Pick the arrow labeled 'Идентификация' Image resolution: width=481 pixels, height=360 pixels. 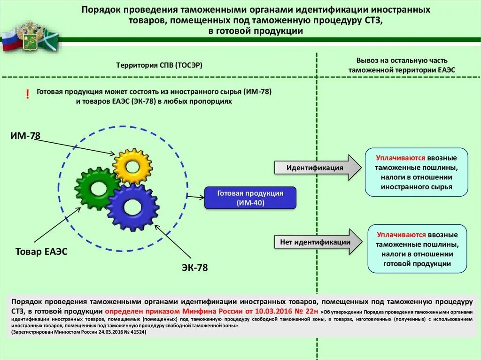(318, 168)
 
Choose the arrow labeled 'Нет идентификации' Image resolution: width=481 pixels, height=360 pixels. (318, 242)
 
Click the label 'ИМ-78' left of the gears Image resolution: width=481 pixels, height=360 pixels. (25, 136)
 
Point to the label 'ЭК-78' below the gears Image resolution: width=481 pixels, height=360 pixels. (194, 268)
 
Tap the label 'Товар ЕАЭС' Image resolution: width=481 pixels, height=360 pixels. (42, 252)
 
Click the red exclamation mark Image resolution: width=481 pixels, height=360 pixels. (28, 94)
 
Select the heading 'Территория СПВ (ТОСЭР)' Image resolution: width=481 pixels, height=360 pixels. (159, 65)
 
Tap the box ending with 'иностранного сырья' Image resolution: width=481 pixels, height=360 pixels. (417, 172)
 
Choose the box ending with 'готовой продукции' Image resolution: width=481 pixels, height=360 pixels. (417, 249)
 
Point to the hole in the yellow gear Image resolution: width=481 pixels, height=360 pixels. (132, 166)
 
